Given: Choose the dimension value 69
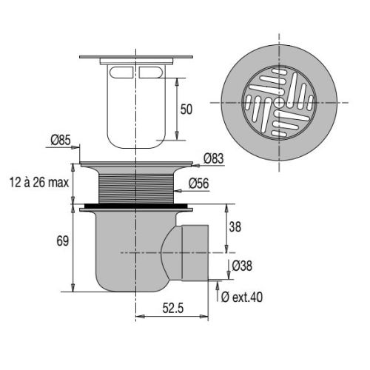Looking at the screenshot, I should pyautogui.click(x=61, y=240).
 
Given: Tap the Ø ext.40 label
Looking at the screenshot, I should pyautogui.click(x=242, y=297).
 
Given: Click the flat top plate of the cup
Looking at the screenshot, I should pyautogui.click(x=135, y=59).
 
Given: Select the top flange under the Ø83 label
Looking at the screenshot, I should pyautogui.click(x=135, y=166).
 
